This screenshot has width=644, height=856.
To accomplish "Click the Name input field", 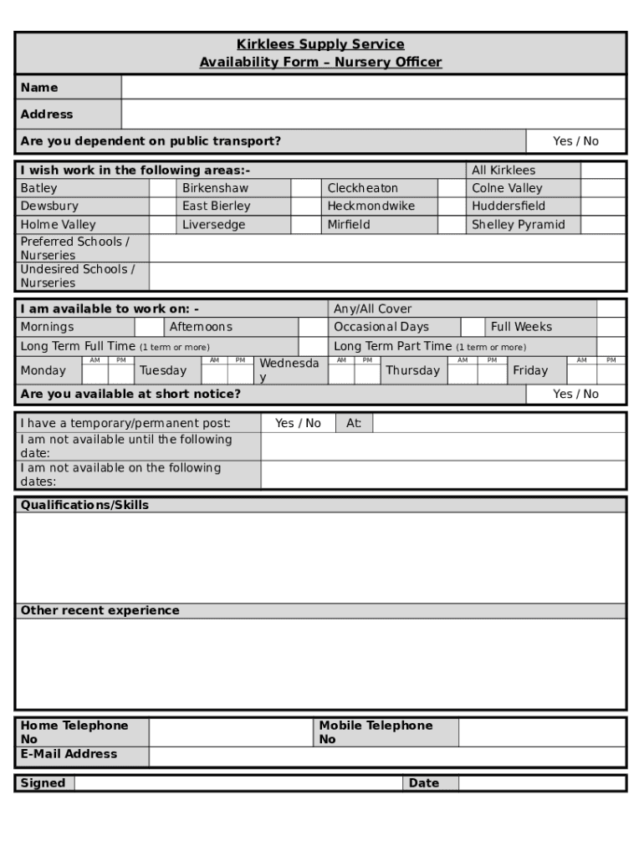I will pos(373,88).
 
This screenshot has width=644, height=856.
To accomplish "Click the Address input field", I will pos(373,115).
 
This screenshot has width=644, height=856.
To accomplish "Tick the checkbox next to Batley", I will pos(162,188).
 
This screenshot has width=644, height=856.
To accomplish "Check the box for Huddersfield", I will pos(602,206).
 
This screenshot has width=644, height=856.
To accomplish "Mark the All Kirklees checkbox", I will pos(602,171).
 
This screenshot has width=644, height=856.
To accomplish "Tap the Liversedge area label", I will pos(214,225).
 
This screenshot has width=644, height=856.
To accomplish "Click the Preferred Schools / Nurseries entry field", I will pos(386,248).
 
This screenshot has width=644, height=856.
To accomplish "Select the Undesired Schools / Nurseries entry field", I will pos(386,276).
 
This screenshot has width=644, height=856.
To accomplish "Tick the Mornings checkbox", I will pos(149,327).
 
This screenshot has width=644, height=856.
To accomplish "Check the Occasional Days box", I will pos(473,327).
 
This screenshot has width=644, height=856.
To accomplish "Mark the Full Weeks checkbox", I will pos(611,327).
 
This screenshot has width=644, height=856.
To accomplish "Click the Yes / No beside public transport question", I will pos(575,141).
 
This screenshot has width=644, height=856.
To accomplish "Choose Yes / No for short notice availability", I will pos(575,394).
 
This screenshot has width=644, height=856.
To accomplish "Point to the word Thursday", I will pos(412,371).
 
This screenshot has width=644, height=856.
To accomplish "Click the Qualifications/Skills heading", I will pos(84,505).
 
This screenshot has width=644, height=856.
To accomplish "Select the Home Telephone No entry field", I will pos(230,732).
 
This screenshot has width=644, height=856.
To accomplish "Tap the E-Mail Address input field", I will pos(386,757).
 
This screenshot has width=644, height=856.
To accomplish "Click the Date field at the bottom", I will pos(541,783).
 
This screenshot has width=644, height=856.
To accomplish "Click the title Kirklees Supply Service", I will pos(320,44).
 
